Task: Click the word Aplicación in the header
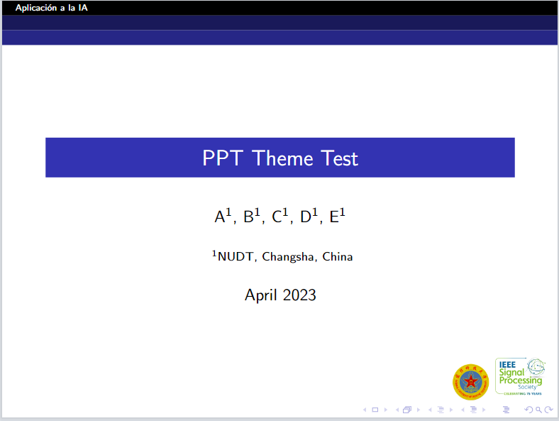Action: pos(36,8)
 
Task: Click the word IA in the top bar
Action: pos(84,8)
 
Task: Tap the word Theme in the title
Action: pos(282,158)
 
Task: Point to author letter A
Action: pos(220,217)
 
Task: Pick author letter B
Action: pos(248,217)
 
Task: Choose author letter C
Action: pos(277,217)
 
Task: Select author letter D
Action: pos(306,217)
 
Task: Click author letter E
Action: pos(334,217)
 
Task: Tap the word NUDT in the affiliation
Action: pos(234,257)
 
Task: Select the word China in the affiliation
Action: pos(338,257)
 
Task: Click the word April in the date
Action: pos(260,295)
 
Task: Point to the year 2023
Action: pos(299,295)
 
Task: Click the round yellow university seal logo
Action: pos(470,381)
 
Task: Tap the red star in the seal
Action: pos(470,380)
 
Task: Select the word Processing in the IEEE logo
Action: pos(520,381)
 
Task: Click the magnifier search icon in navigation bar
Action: pos(538,410)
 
